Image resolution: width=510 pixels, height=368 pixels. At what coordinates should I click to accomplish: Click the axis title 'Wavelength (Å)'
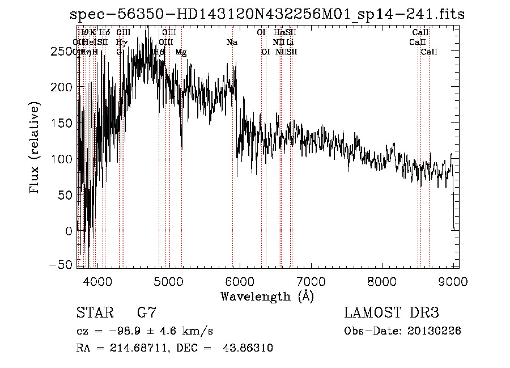267,296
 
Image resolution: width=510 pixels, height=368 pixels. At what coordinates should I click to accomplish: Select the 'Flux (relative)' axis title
35,149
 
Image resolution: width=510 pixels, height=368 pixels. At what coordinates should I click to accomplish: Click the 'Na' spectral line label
231,43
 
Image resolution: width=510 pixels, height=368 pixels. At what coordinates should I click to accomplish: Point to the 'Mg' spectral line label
181,52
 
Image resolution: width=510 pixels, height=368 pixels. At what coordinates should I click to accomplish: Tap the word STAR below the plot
95,312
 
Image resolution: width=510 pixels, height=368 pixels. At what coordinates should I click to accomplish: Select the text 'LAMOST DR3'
392,312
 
